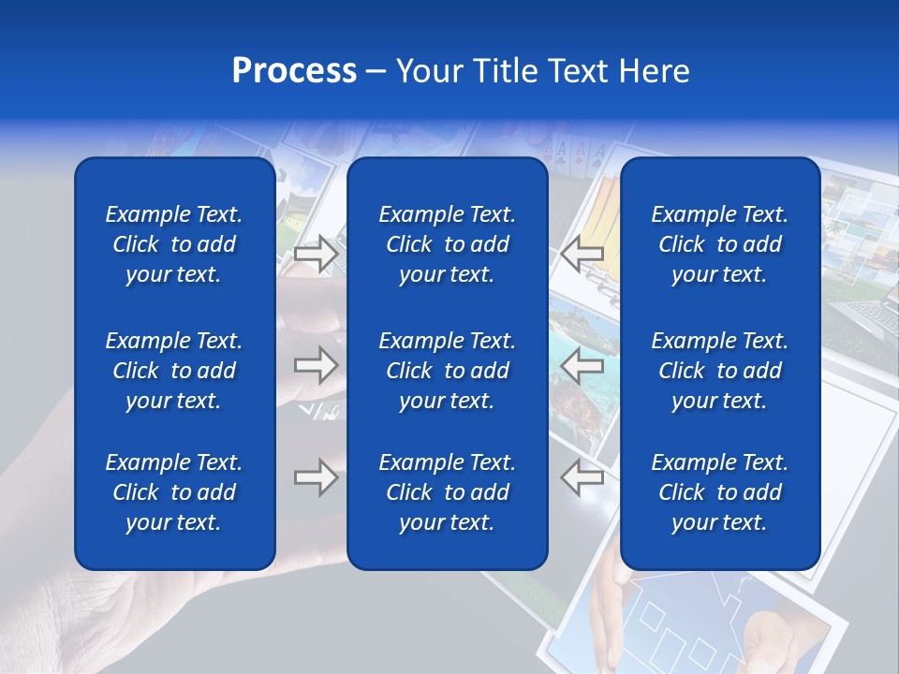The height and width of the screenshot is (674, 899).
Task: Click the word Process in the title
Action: pos(294,71)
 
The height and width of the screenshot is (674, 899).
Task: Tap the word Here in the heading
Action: pos(655,71)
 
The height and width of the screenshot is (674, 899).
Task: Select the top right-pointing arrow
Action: pos(317,254)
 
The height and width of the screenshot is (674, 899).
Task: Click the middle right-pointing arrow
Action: pos(317,365)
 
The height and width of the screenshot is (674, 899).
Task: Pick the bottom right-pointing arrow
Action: pos(317,477)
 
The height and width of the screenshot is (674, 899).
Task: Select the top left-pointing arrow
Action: pos(582,252)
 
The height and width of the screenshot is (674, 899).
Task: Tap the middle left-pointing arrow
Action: pos(582,366)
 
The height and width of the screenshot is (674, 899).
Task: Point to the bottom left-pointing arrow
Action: pos(582,477)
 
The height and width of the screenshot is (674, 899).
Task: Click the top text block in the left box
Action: pos(174,244)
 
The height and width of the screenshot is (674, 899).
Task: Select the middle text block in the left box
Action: pos(174,371)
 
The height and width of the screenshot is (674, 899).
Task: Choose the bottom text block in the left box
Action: pos(174,492)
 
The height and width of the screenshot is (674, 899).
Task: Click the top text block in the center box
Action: pos(447,244)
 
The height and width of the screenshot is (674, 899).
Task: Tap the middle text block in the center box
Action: pos(447,371)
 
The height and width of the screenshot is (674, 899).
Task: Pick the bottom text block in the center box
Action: pos(447,492)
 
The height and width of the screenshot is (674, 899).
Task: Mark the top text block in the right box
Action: pos(719,244)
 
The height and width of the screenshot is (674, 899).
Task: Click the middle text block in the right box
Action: pos(719,371)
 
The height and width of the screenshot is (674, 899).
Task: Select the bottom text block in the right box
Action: pos(719,492)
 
